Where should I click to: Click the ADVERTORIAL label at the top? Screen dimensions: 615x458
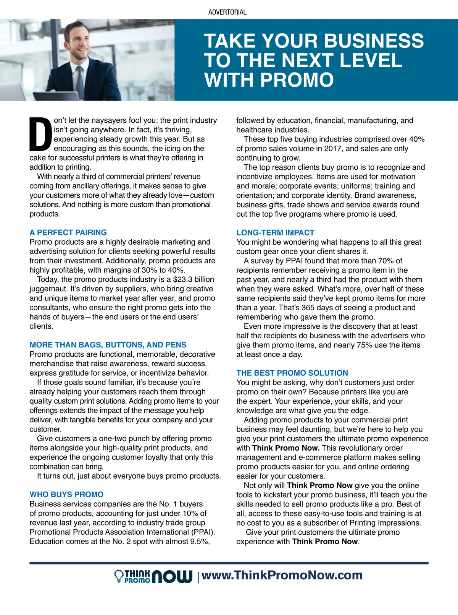(227, 12)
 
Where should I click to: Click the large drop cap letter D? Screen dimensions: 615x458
(40, 134)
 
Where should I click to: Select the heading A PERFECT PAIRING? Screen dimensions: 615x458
(68, 232)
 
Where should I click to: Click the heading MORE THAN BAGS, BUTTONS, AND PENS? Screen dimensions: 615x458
(108, 345)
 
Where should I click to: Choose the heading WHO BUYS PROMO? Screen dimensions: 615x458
(66, 495)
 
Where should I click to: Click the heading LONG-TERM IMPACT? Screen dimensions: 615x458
(275, 232)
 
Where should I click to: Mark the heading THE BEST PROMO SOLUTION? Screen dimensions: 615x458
(292, 373)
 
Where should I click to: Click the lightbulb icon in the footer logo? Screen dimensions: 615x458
(119, 576)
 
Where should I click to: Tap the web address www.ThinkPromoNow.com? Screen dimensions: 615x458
(282, 575)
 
